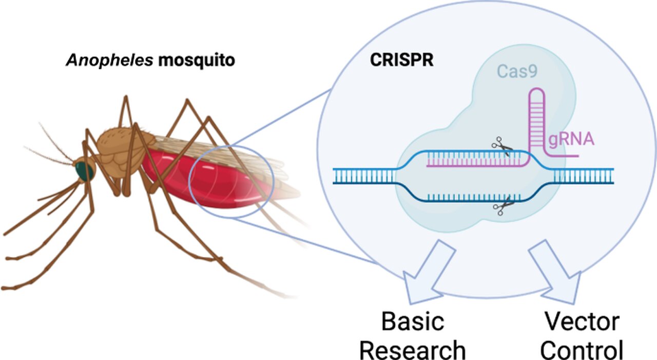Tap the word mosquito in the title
click(196, 60)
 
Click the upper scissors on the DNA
click(501, 147)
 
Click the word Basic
click(412, 322)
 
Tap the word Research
click(412, 350)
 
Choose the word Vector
click(582, 322)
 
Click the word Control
click(582, 350)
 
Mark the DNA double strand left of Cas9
click(364, 176)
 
